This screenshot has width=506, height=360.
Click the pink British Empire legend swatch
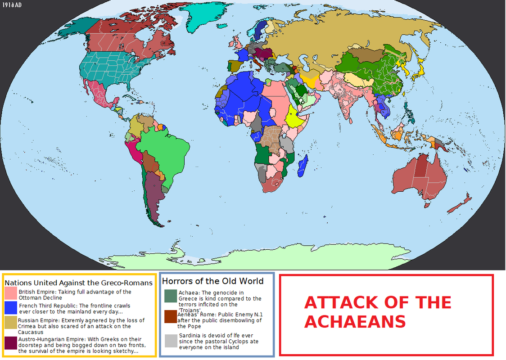11,294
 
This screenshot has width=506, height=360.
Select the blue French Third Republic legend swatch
11,308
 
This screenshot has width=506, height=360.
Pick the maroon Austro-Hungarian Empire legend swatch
11,343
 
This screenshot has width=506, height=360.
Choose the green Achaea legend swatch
171,296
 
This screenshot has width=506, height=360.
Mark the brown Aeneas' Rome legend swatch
171,316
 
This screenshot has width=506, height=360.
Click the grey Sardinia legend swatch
171,341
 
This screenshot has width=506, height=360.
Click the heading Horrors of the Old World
213,281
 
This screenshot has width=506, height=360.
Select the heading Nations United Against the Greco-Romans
78,283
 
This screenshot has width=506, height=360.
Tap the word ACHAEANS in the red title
355,322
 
